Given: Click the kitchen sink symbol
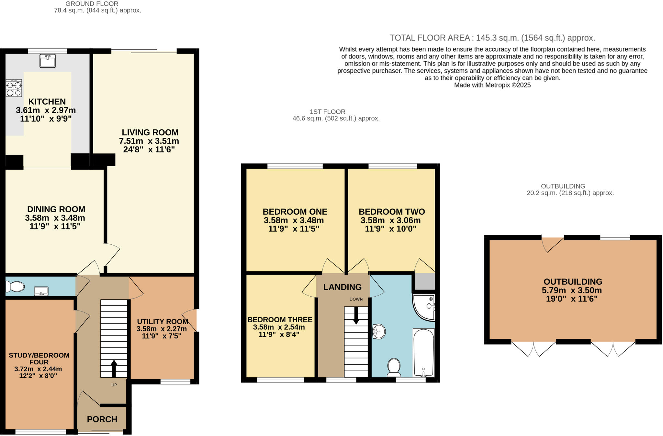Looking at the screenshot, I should click(x=48, y=61).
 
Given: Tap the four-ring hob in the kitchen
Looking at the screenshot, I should click(x=14, y=88).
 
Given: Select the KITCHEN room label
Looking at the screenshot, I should click(x=47, y=101).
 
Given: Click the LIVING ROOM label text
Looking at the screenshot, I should click(x=150, y=132).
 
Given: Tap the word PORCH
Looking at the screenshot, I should click(x=102, y=419).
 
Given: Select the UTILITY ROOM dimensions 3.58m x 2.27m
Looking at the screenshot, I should click(x=162, y=329).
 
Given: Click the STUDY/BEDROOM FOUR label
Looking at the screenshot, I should click(x=39, y=359).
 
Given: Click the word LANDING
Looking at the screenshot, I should click(x=342, y=287).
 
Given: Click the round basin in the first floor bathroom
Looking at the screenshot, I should click(x=379, y=332).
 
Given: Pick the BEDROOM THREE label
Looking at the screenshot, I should click(x=280, y=320).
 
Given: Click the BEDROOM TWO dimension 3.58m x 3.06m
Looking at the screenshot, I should click(x=391, y=220).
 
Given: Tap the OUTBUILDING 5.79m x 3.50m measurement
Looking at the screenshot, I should click(x=572, y=290).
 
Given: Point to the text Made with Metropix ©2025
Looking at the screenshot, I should click(x=492, y=85).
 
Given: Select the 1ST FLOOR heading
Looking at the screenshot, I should click(x=327, y=112).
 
